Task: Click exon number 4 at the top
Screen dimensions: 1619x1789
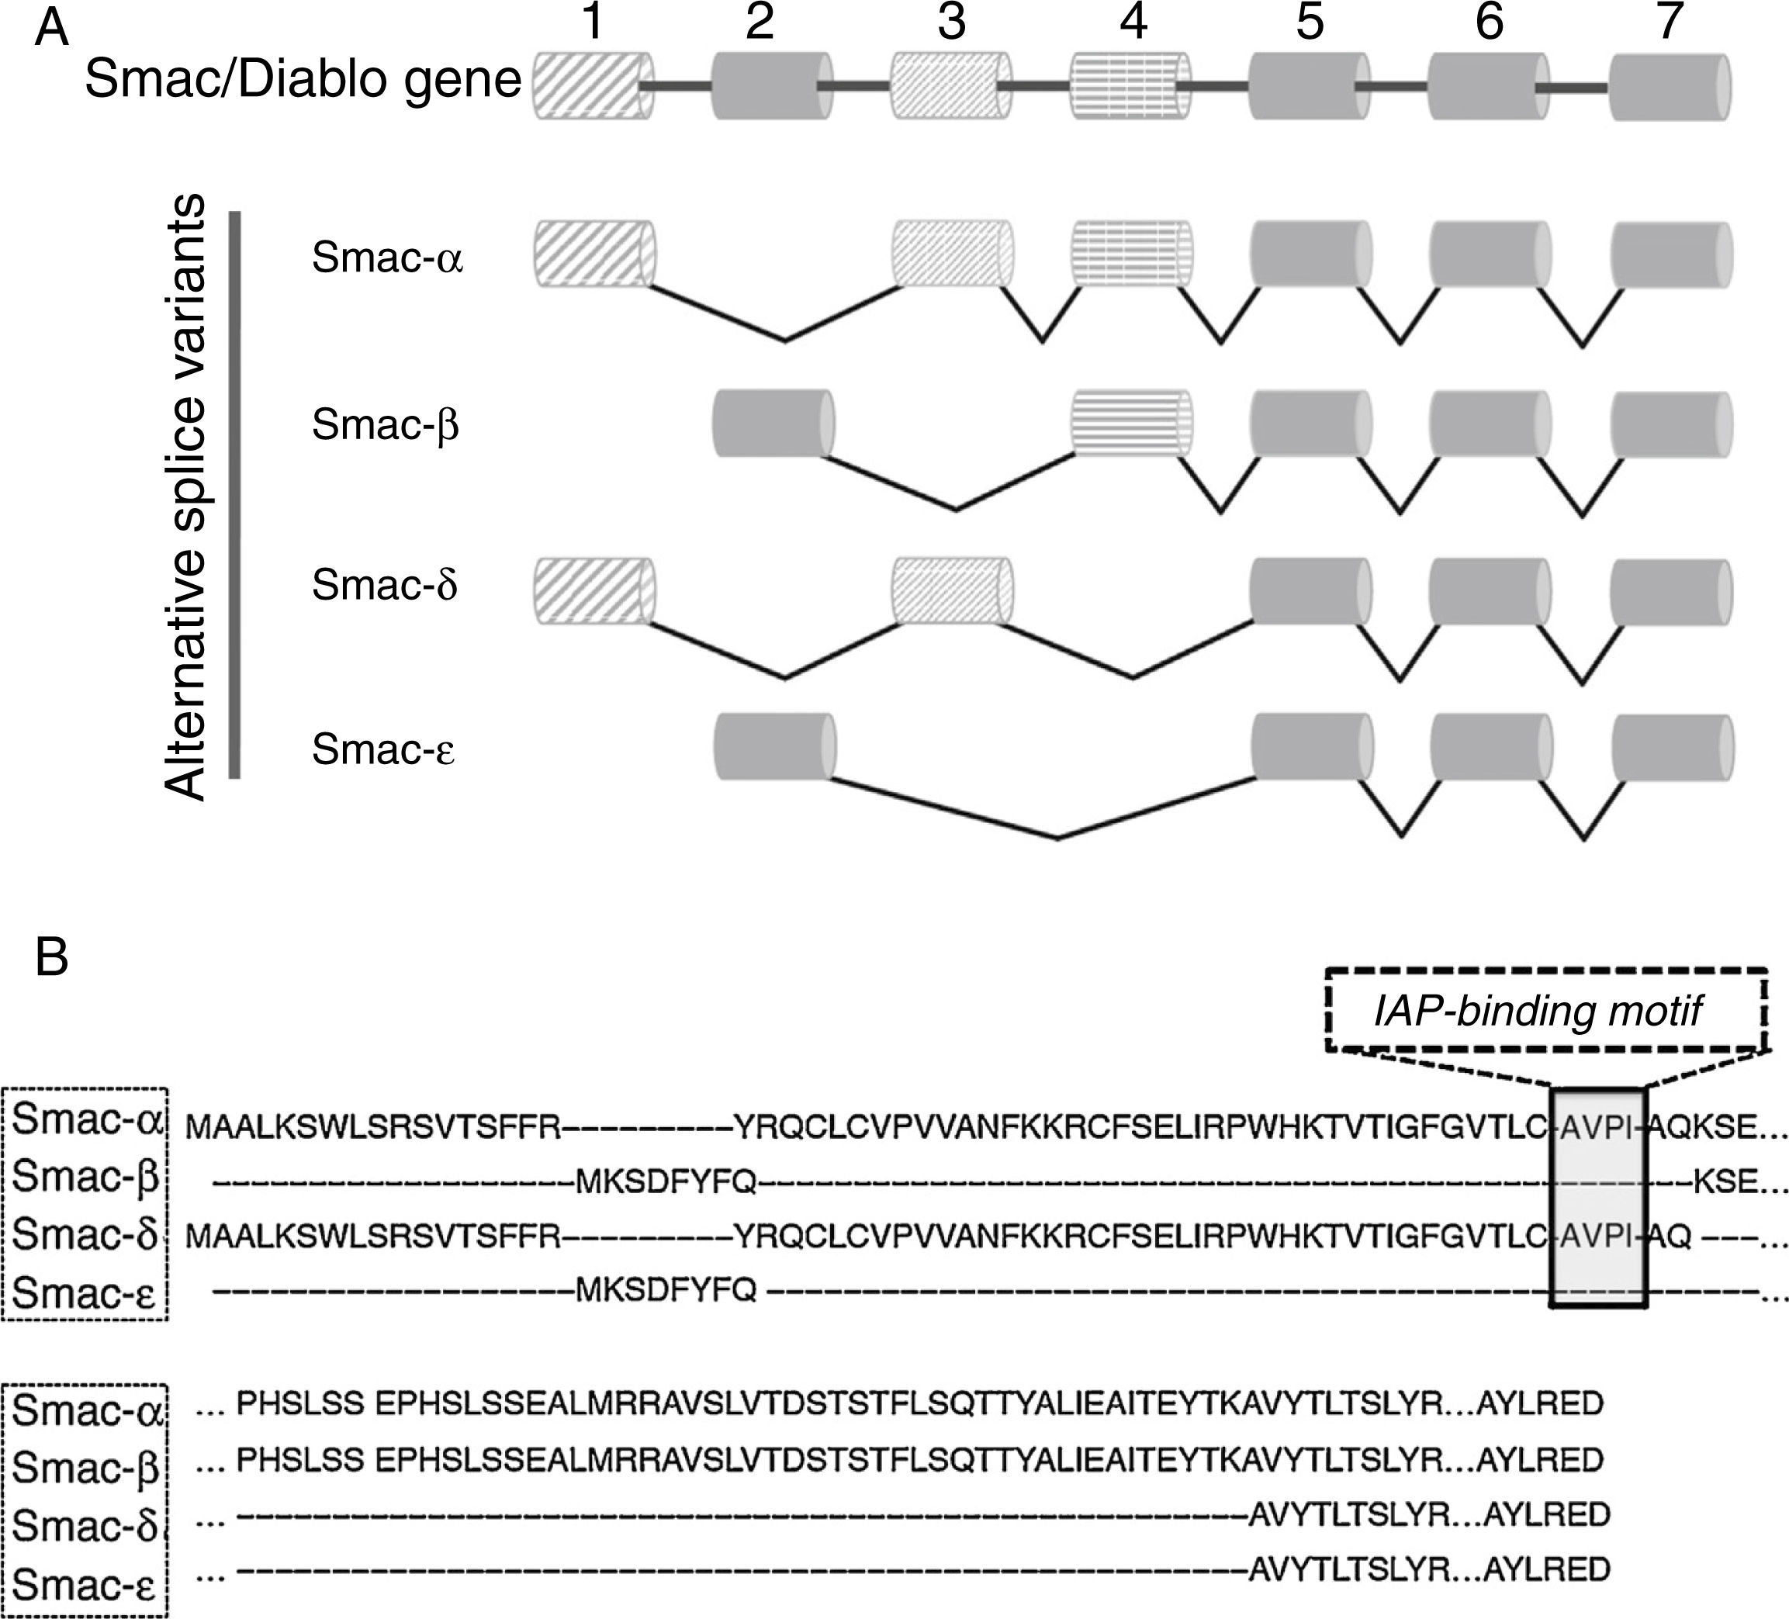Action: click(1133, 23)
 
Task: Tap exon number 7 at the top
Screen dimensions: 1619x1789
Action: click(1670, 23)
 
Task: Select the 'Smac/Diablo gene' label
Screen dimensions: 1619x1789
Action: click(303, 80)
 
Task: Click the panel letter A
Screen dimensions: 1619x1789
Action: click(51, 31)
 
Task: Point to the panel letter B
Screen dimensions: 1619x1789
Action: click(51, 959)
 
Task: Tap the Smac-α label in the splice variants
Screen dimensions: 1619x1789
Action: click(387, 258)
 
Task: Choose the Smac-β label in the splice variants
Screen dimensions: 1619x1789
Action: click(385, 425)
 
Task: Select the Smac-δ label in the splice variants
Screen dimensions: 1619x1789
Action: click(384, 586)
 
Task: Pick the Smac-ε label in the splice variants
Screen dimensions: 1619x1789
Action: click(383, 749)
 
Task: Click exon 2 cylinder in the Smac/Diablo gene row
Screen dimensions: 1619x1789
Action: click(772, 85)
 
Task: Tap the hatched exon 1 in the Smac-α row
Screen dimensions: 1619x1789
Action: click(593, 254)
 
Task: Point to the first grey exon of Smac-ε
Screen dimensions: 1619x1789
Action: click(773, 748)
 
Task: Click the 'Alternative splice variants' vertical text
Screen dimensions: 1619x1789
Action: click(186, 496)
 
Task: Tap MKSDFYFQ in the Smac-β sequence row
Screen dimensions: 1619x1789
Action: click(666, 1181)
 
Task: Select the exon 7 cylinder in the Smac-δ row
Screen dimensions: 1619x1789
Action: click(1671, 592)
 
